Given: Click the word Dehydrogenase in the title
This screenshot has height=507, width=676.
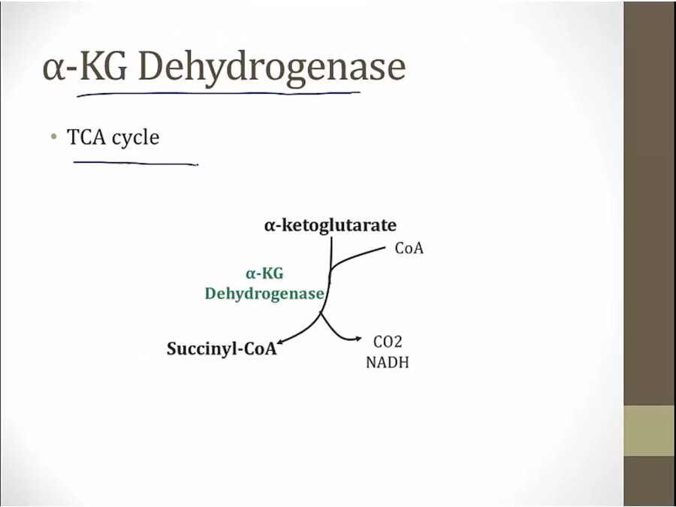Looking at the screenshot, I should (271, 68).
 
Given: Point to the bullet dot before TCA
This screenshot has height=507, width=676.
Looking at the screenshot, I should (53, 137).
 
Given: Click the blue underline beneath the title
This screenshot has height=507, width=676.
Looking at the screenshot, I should (218, 94).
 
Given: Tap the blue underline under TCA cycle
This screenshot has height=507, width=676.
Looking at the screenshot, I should (135, 162).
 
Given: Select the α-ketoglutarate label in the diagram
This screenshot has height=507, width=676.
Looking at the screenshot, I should (330, 225).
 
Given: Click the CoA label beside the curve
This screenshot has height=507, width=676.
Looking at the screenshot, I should (409, 249).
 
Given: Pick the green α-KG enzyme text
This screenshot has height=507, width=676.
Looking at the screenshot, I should (264, 274).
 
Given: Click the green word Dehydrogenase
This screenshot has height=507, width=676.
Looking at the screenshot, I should (264, 294).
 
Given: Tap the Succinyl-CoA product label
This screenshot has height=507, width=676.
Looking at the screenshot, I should (221, 349).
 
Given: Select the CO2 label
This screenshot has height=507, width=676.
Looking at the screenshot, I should (388, 343).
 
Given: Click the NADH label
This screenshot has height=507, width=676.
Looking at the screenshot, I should (388, 362).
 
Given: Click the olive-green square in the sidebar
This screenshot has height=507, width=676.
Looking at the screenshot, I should (649, 430).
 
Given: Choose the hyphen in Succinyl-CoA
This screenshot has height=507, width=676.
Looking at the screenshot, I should (240, 350).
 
